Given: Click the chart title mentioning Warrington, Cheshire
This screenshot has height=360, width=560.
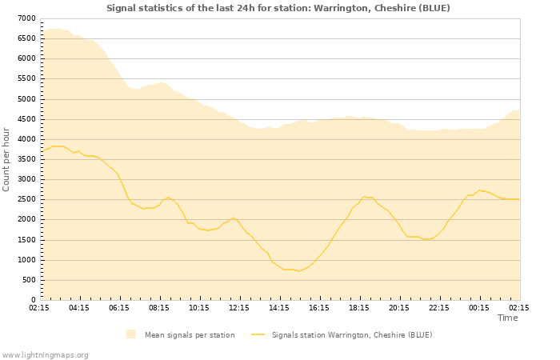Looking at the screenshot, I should pos(278,8).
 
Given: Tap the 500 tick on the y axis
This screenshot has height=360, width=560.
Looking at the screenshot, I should pos(28,280).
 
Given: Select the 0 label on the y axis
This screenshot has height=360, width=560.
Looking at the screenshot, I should pos(33,300).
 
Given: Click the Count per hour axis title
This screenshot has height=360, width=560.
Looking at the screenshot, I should pos(7,159).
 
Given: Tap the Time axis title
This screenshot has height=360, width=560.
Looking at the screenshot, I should pos(507,318).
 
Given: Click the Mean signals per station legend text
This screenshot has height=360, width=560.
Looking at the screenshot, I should pos(190,335).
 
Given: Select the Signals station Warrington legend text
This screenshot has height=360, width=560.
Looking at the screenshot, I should pos(352,335).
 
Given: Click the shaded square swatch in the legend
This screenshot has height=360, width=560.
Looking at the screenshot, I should pos(130,334).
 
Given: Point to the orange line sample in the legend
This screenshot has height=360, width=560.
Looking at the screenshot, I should pos(258,334).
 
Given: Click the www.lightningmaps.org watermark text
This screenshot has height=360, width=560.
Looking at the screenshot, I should pos(46,354).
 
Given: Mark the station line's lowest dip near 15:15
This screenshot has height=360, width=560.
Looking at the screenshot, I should pos(298,271).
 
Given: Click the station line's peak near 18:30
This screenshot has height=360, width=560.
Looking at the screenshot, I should pos(364,196).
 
